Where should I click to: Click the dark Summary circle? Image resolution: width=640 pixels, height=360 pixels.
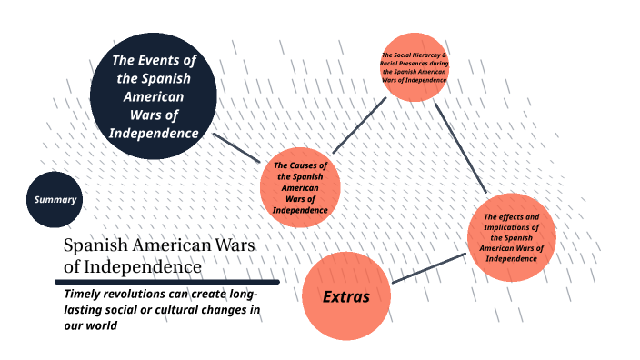(x=55, y=199)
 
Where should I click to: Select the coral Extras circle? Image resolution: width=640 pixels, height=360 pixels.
(x=346, y=296)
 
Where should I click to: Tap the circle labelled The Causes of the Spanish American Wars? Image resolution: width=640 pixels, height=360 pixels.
(x=300, y=186)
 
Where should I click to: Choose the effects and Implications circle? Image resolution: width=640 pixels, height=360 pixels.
(x=512, y=236)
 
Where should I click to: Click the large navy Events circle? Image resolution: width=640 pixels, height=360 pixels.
(x=154, y=95)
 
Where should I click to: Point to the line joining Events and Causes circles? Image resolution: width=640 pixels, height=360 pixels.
(x=236, y=147)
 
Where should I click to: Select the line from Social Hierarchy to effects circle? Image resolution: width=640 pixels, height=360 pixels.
(x=461, y=147)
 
